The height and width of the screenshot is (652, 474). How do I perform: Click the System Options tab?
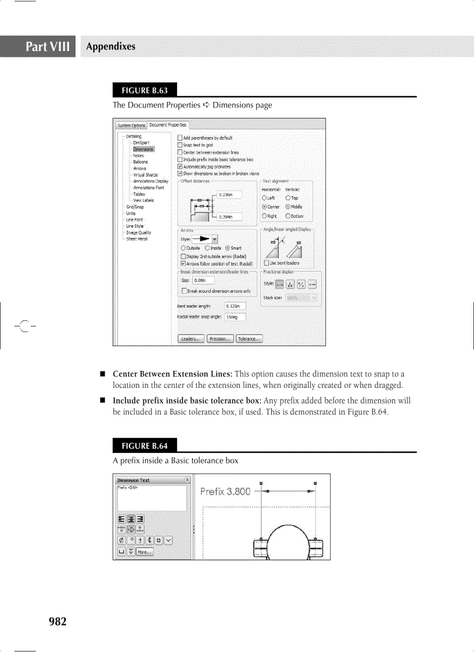pos(131,125)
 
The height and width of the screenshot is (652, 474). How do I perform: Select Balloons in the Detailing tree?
pos(140,162)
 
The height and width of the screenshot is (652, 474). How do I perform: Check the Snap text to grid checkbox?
pos(180,145)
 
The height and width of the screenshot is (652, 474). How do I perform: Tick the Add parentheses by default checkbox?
pos(180,138)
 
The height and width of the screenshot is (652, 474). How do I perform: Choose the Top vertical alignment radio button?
pos(288,198)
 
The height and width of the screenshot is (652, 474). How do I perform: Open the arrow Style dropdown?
pos(215,238)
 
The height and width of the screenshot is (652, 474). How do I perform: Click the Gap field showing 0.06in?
pos(203,280)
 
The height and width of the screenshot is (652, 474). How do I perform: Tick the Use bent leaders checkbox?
pos(266,263)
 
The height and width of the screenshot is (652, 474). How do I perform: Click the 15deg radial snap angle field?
pos(235,317)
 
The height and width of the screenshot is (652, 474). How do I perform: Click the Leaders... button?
pos(191,339)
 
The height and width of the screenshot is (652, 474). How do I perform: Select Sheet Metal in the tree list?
pos(138,239)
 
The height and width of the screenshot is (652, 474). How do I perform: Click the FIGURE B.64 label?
pos(145,446)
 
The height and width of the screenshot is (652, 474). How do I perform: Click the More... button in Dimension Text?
pos(145,552)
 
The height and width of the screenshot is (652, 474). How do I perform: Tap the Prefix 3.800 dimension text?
pos(225,492)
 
